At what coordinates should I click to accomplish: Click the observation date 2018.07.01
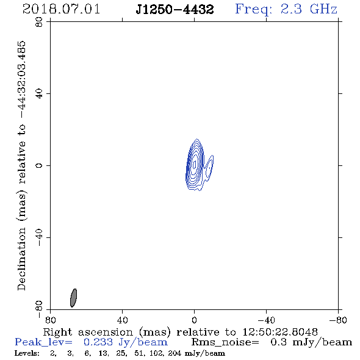[x=61, y=9]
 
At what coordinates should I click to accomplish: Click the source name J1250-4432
[x=175, y=9]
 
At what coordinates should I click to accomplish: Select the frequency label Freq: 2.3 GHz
[x=286, y=9]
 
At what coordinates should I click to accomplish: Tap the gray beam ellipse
[x=73, y=298]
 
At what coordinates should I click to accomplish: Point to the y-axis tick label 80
[x=39, y=22]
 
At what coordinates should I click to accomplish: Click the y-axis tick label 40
[x=39, y=94]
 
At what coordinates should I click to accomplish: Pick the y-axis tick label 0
[x=39, y=165]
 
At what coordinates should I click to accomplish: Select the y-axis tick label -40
[x=39, y=237]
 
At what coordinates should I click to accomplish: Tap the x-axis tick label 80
[x=50, y=320]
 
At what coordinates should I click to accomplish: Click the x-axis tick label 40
[x=122, y=320]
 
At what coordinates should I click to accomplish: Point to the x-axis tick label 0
[x=194, y=320]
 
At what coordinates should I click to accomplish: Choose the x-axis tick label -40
[x=266, y=320]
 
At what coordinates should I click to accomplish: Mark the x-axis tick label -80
[x=338, y=320]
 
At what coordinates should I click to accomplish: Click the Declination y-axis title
[x=21, y=165]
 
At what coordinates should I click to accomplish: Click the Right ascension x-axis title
[x=180, y=332]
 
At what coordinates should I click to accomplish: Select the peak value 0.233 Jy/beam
[x=126, y=342]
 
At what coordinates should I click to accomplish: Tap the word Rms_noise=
[x=225, y=342]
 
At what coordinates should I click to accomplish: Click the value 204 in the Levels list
[x=175, y=353]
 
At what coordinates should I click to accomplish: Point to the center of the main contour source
[x=195, y=164]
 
